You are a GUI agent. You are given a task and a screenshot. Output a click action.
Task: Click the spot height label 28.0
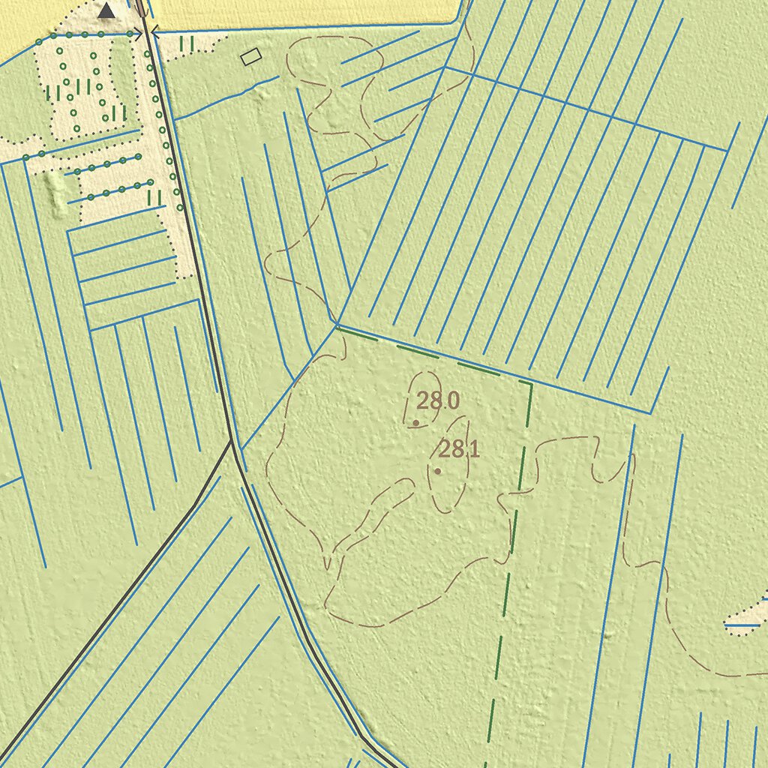click(438, 401)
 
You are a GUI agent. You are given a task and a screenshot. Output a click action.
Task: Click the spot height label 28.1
click(459, 450)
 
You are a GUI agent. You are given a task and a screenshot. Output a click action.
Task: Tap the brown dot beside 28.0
click(415, 423)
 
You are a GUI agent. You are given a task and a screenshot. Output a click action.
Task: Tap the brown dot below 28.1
click(437, 471)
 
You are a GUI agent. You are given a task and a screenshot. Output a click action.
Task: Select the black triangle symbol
click(107, 10)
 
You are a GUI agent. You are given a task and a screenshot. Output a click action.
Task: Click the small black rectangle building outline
click(250, 55)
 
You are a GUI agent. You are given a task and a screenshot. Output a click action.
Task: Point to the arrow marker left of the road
click(136, 34)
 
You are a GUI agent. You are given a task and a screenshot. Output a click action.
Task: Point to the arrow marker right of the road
click(154, 31)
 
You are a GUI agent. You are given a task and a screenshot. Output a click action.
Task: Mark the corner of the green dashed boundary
click(531, 384)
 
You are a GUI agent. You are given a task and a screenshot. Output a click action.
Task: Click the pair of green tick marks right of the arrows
click(187, 44)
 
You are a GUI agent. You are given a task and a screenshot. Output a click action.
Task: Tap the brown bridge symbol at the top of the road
click(140, 7)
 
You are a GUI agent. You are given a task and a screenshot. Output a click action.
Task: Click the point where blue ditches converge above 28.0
click(337, 325)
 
